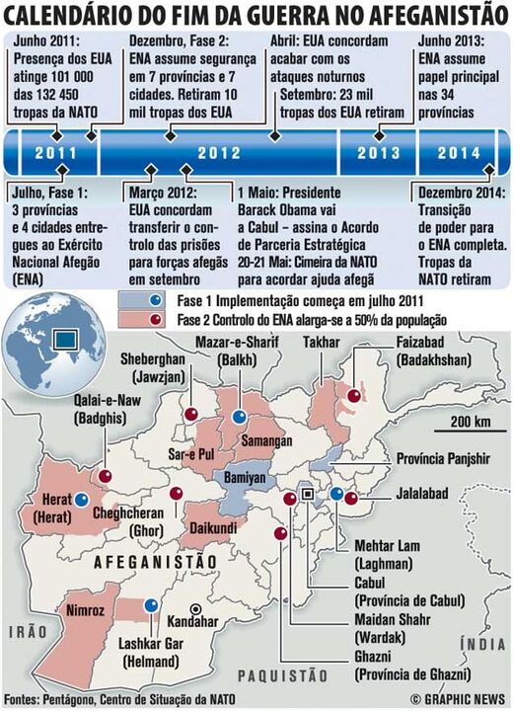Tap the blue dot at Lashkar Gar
(x=150, y=605)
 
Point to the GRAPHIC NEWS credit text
(x=461, y=698)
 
